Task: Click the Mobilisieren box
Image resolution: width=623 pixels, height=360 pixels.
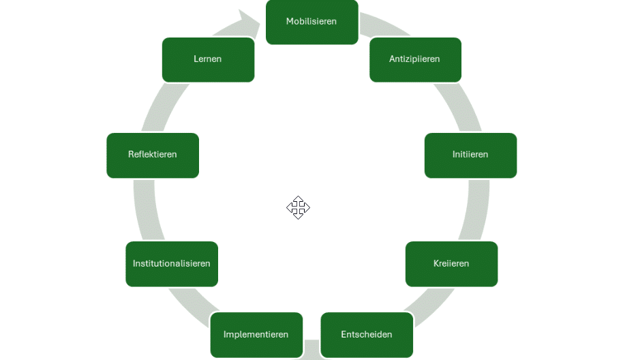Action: pos(311,22)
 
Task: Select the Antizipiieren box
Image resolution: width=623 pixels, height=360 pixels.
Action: pos(415,59)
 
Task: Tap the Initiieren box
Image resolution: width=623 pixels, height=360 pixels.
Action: pos(470,155)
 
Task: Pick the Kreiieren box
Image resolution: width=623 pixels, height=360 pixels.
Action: pos(451,264)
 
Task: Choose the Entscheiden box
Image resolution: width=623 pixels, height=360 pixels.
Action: pos(367,335)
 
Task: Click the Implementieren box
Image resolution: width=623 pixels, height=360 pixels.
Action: pos(256,335)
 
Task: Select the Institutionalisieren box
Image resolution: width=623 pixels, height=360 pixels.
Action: pos(172,264)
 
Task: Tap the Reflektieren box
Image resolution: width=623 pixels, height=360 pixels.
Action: pos(153,155)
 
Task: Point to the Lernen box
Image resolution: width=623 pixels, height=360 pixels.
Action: pos(208,59)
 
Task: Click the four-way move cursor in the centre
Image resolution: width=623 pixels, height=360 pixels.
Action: pos(298,207)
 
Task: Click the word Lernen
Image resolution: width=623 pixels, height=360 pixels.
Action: pos(207,59)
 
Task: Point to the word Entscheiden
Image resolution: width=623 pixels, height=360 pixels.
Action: pos(367,335)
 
